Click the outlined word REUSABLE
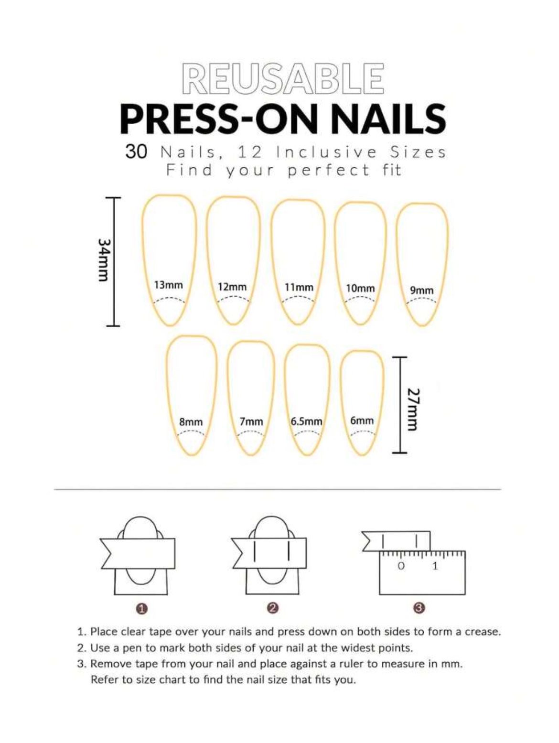coord(282,78)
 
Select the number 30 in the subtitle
coord(136,152)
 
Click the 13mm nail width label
coord(168,285)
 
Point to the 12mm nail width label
coord(232,287)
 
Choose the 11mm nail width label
coord(299,287)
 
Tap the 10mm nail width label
coord(360,288)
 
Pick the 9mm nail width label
coord(422,290)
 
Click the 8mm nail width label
coord(191,422)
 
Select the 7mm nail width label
coord(251,422)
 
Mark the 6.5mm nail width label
coord(306,422)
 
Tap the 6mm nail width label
coord(362,420)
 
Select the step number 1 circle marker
coord(141,608)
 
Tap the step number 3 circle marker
coord(419,608)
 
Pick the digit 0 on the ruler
coord(401,566)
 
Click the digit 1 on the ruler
coord(435,566)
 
